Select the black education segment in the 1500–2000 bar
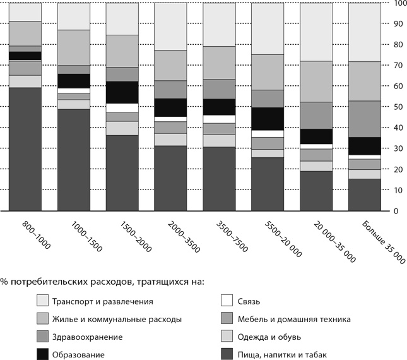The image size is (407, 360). (x=122, y=92)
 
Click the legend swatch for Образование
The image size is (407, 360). (x=43, y=354)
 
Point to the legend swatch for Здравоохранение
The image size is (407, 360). (x=43, y=337)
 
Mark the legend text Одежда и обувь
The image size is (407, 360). (x=271, y=337)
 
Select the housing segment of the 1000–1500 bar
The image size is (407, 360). (x=74, y=47)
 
